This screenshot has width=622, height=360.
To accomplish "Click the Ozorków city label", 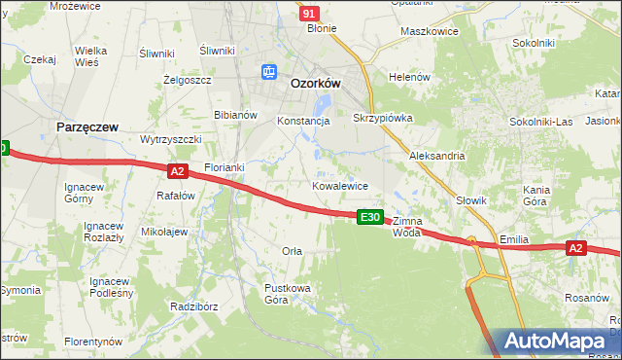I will [x=315, y=84].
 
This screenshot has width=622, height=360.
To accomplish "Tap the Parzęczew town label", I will [x=88, y=126].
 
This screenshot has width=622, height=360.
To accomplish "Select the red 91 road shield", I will [x=308, y=13].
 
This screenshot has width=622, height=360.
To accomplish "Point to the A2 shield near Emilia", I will [x=575, y=249].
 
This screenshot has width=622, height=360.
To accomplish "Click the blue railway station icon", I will [x=269, y=71].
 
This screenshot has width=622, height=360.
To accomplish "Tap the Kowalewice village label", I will [x=339, y=185].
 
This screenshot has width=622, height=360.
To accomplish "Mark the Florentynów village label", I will [x=93, y=342].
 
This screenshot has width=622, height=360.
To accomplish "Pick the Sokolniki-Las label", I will [x=541, y=122].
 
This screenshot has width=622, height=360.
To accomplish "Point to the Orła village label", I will [x=292, y=251].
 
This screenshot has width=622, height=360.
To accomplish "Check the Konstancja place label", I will [x=304, y=122].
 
